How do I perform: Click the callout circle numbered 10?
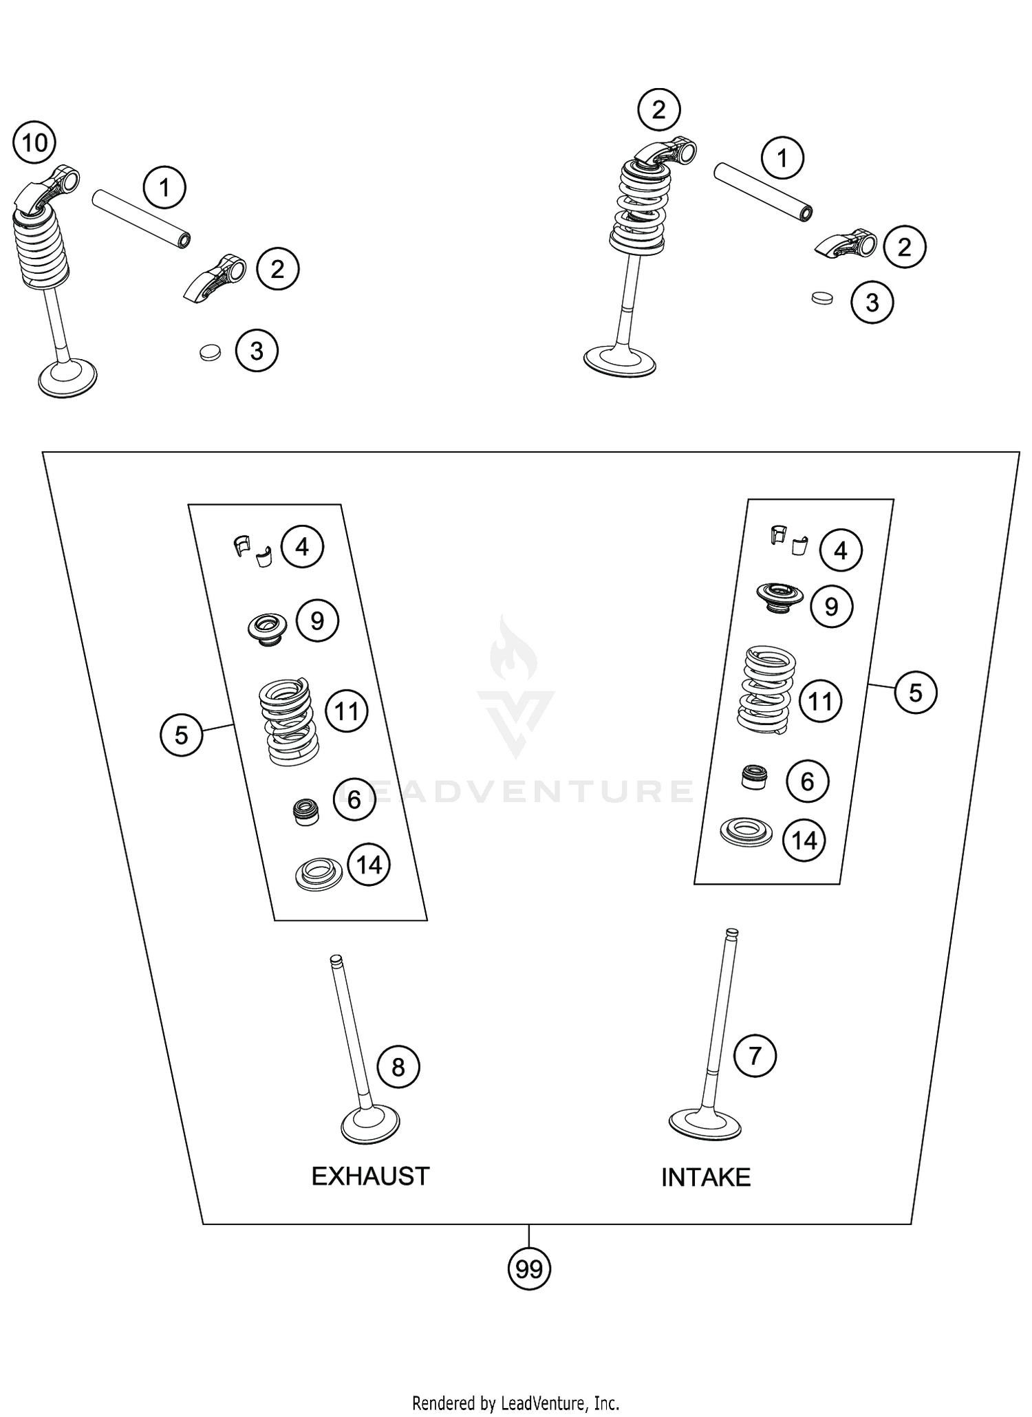35,143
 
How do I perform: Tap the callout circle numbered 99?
529,1269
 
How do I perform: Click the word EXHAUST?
370,1177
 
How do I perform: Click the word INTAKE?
705,1178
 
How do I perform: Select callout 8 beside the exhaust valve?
398,1067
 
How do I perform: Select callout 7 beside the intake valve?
755,1055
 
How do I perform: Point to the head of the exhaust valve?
371,1126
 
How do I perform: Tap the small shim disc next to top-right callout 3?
821,298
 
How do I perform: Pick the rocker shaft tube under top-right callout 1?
763,193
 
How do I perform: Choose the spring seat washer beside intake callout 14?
746,833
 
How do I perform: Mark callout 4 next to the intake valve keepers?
840,550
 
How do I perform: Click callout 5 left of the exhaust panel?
181,735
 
